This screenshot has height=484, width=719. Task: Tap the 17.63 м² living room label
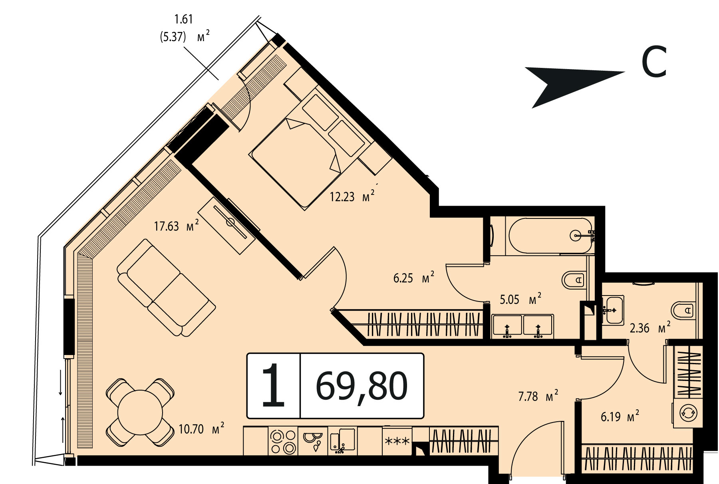click(x=176, y=226)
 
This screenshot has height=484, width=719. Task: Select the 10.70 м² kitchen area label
click(x=201, y=429)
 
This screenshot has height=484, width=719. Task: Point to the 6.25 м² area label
click(x=413, y=278)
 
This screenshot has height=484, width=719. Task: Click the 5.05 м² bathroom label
click(x=520, y=299)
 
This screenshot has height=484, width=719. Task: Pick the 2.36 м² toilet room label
click(x=650, y=328)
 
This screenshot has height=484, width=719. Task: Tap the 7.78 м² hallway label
click(x=538, y=396)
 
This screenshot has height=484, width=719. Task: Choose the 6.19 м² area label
click(x=620, y=417)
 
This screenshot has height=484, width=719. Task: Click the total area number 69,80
click(x=361, y=386)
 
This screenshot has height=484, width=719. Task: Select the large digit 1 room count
click(x=273, y=386)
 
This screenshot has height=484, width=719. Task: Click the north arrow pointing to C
click(x=574, y=86)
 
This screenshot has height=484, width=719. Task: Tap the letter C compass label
click(x=654, y=62)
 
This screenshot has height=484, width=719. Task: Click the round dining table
click(x=140, y=412)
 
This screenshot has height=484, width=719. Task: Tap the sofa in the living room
click(x=167, y=288)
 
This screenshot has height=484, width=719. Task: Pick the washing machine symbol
click(x=688, y=413)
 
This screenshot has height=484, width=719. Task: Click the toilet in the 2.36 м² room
click(x=684, y=310)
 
